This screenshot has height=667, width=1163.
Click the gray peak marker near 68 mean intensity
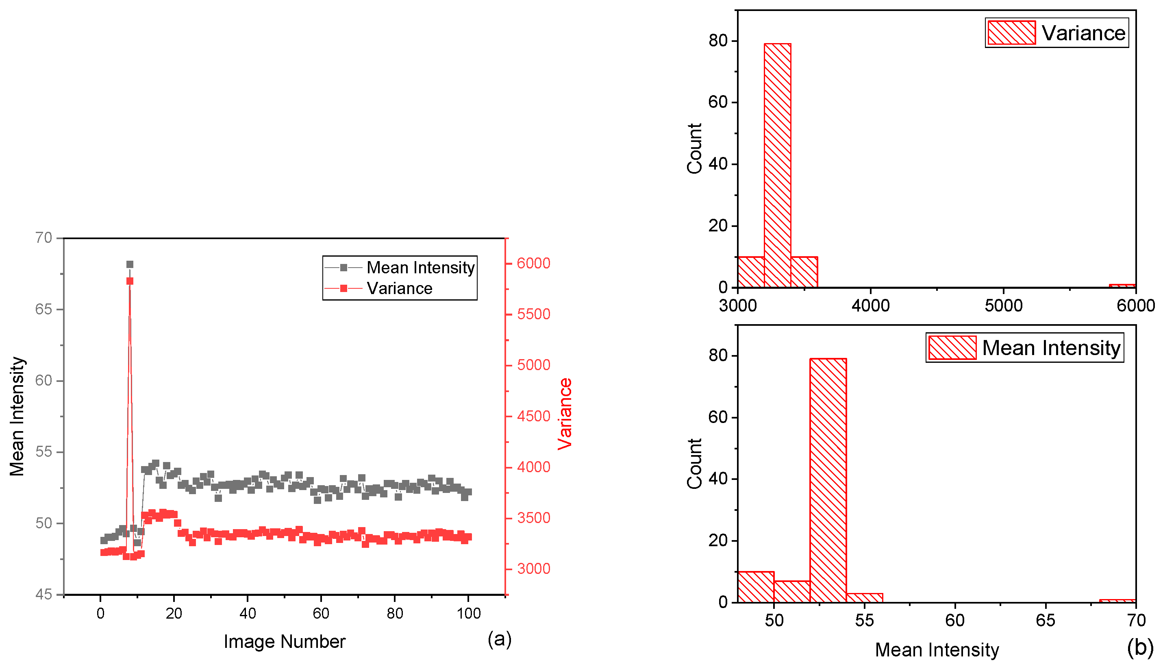130,264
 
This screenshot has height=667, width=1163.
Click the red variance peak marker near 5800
130,281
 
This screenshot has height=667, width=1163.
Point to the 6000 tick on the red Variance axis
533,264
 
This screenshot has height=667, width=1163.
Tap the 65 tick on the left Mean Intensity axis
43,309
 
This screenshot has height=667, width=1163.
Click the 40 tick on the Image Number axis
247,613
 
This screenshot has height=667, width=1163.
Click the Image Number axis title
284,641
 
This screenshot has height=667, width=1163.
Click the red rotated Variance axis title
565,414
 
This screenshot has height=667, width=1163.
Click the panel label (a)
499,639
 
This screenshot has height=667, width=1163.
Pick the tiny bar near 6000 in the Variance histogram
1122,286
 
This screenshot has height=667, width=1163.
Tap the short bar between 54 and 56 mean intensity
864,597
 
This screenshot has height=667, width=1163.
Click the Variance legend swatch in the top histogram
1011,33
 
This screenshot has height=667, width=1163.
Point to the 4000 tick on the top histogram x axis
870,305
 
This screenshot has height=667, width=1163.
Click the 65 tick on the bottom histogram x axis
1046,620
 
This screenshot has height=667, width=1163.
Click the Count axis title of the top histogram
694,148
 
